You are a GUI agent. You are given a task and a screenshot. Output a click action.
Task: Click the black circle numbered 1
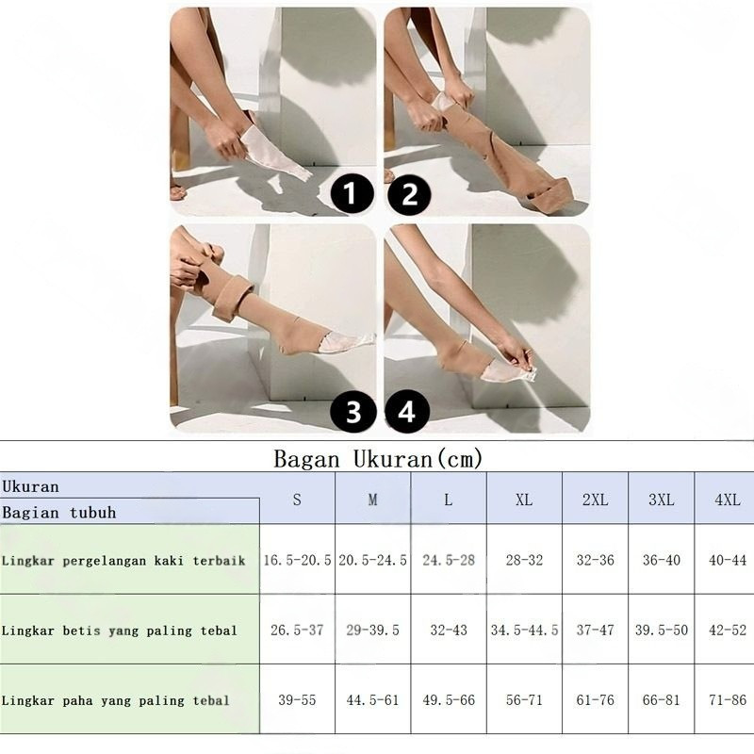[352, 193]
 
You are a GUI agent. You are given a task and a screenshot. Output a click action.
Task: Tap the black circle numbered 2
[409, 194]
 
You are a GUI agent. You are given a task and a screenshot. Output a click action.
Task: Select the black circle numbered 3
[352, 411]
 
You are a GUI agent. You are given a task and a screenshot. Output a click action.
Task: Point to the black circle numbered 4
[407, 411]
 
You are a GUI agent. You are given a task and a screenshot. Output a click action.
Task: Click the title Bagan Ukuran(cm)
[378, 458]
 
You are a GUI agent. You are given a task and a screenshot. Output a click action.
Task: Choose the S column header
[297, 500]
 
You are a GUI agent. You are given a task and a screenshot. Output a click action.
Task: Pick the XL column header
[524, 500]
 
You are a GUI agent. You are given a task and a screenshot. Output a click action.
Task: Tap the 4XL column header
[728, 500]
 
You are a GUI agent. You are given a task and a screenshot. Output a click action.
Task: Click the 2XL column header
[596, 500]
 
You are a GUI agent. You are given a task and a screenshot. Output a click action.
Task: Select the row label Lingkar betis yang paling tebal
[120, 631]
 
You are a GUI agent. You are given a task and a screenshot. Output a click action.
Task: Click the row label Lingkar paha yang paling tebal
[115, 700]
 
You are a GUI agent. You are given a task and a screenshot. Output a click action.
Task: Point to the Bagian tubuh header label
[59, 512]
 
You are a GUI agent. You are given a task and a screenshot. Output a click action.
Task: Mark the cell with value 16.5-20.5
[297, 560]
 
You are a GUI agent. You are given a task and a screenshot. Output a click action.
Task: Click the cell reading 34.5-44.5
[524, 630]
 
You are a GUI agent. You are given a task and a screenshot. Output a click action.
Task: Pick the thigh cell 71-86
[728, 699]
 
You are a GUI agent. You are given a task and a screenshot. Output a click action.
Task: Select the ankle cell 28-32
[524, 560]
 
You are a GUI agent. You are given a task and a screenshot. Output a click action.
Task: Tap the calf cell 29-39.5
[372, 630]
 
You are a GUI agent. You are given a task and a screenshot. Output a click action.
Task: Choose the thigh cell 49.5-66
[449, 699]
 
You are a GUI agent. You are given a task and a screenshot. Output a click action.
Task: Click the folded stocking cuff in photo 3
[232, 297]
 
